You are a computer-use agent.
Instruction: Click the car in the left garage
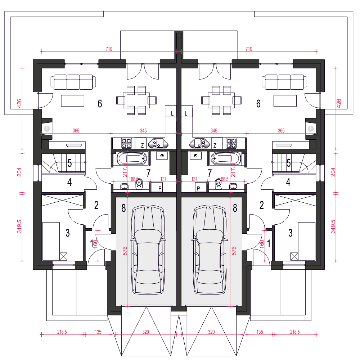148,250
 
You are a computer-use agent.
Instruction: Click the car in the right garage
210,250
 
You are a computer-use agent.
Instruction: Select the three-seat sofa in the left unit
73,82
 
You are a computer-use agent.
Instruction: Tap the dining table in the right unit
221,100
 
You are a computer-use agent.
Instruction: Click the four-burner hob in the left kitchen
126,143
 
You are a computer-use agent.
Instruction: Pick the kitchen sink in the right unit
199,143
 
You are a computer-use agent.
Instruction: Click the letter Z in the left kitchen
142,145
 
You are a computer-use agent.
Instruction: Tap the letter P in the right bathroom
198,188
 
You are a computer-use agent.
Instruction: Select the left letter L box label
172,113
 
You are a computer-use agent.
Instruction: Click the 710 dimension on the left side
109,49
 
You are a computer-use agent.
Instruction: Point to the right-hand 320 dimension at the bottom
211,332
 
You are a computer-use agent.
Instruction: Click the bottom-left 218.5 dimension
62,332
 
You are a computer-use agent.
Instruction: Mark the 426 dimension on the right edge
339,103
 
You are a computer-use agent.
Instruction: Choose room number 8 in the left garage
123,208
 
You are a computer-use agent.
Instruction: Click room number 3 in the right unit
291,233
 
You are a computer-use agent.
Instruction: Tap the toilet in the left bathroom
139,184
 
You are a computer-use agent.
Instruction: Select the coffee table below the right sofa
285,101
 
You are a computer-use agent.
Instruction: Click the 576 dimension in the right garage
234,251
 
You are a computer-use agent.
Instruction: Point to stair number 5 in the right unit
288,163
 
